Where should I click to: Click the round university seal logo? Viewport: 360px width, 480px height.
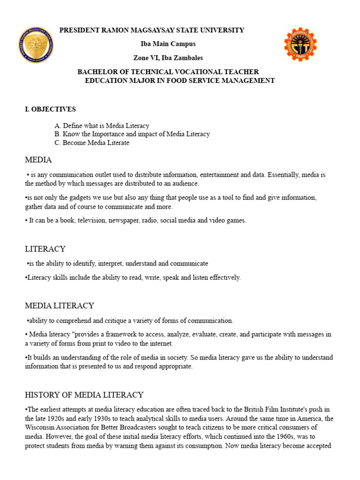(x=36, y=45)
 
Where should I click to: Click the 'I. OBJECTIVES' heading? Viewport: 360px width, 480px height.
(x=50, y=109)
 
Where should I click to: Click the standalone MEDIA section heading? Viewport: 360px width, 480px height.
(x=38, y=160)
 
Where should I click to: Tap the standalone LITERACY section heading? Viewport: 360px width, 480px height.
(x=45, y=249)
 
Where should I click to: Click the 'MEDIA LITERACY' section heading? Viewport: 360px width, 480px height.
(x=60, y=306)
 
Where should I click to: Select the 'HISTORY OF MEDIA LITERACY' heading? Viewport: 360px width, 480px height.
(x=84, y=395)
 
